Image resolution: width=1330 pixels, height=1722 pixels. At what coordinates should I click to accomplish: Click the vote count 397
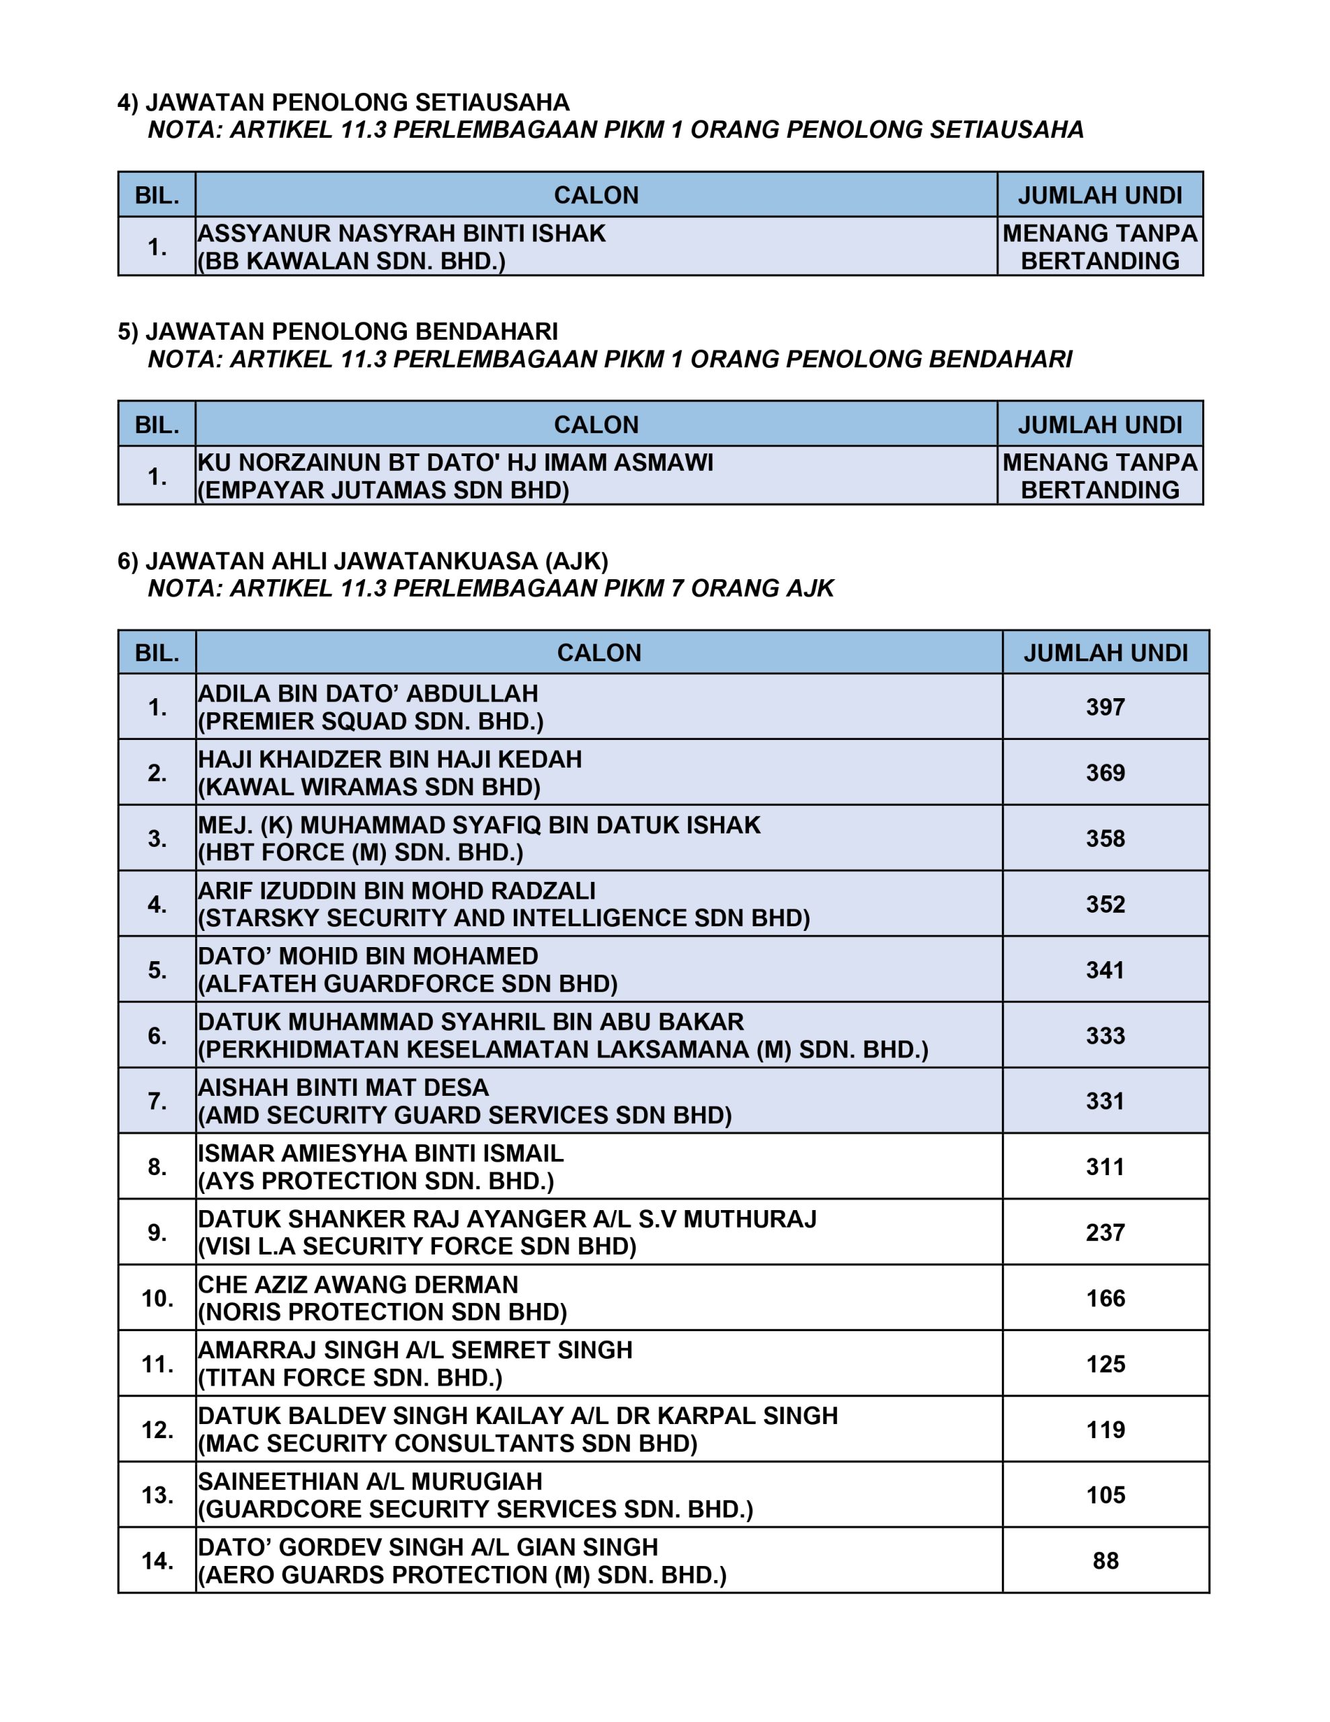pos(1105,706)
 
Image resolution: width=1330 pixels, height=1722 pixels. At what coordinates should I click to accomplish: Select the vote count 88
pos(1105,1561)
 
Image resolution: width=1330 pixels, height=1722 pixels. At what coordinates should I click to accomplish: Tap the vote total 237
pos(1105,1232)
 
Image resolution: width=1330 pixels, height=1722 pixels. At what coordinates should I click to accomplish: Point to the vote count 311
pos(1105,1166)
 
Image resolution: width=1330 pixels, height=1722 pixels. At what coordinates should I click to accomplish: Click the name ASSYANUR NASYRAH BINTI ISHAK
pos(401,233)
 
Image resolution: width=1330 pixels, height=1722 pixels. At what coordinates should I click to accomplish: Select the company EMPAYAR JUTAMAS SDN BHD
pos(383,490)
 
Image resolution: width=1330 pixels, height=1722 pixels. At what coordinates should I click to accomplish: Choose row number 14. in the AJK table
pos(157,1561)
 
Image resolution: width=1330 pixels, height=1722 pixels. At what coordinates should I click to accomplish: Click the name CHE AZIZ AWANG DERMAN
pos(358,1284)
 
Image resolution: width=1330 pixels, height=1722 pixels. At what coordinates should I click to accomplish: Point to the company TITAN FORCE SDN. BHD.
pos(350,1378)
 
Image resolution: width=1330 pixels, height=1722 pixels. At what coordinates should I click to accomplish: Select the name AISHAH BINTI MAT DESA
pos(343,1087)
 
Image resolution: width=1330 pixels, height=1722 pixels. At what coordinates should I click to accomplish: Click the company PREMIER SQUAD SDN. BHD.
pos(370,722)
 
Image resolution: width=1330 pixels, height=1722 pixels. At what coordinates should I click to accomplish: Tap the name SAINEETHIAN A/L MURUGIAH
pos(370,1481)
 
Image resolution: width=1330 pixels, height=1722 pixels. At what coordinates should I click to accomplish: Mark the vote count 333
pos(1105,1035)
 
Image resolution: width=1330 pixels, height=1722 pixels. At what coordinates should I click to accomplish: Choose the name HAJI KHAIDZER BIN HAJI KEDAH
pos(389,759)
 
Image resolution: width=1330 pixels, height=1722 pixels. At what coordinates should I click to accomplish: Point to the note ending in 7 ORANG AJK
pos(490,588)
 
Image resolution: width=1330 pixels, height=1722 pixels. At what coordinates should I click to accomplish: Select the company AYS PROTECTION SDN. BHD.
pos(376,1181)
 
